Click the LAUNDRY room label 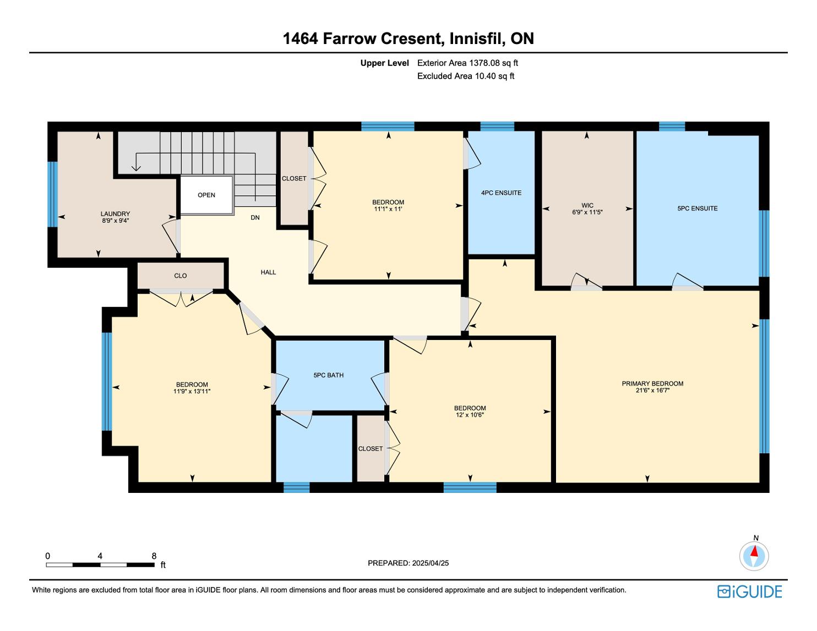coord(115,213)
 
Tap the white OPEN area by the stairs coord(206,195)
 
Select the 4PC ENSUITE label coord(501,193)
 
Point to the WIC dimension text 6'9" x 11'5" coord(587,212)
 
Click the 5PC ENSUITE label coord(698,208)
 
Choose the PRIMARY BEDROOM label coord(652,383)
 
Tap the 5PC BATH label coord(329,375)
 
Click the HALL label coord(269,272)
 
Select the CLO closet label coord(181,276)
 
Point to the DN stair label coord(255,217)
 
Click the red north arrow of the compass coord(754,551)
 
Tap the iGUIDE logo coord(750,591)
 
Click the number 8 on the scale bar coord(154,556)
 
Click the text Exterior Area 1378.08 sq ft coord(467,63)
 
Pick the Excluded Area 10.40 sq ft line coord(465,76)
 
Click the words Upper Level coord(384,63)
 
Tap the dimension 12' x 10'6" coord(470,415)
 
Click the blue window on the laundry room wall coord(53,195)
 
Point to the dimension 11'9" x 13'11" coord(192,391)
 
